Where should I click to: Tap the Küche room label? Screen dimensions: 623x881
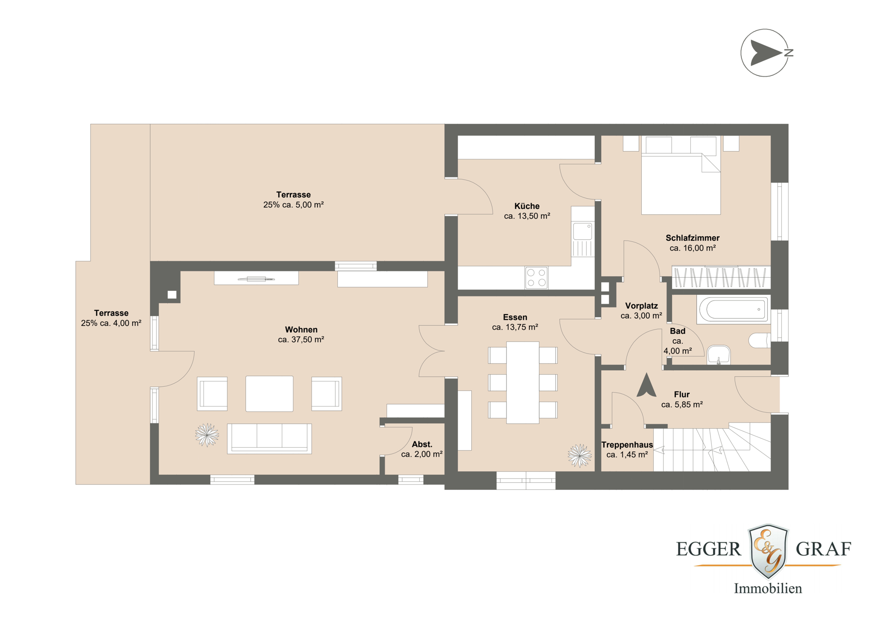527,206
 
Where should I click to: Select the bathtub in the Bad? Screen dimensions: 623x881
733,309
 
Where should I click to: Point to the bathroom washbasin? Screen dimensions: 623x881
718,354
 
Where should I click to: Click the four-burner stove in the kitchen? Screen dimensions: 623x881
536,278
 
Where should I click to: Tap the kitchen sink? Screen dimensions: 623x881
582,231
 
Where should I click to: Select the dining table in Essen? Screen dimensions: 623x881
522,382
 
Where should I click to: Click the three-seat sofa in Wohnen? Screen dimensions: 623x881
269,438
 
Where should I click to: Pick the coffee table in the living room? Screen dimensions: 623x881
269,393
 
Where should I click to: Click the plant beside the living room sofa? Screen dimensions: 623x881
207,435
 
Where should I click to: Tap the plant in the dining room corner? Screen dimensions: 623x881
579,455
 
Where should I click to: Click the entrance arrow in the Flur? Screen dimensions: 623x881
646,385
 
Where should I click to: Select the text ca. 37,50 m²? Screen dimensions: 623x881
301,340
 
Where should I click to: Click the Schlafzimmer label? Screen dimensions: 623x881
692,238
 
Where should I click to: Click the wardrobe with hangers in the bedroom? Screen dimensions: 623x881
721,278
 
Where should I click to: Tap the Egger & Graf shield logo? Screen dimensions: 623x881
768,551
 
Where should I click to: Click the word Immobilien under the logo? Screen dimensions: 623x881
768,589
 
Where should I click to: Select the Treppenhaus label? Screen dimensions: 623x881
627,445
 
